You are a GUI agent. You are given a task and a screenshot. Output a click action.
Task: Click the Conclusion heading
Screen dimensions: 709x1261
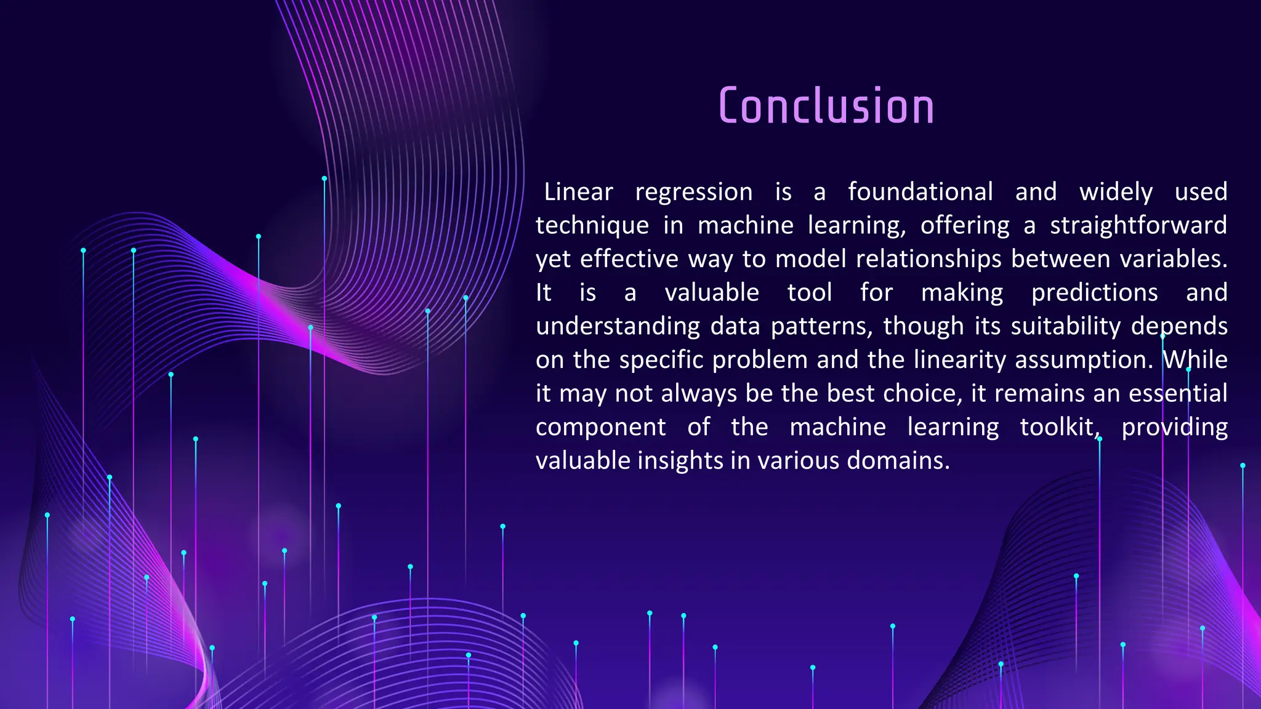(x=826, y=106)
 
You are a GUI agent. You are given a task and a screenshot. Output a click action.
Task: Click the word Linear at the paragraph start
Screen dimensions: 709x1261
(x=578, y=192)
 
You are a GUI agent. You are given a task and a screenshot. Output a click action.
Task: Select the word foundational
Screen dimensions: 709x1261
(x=920, y=192)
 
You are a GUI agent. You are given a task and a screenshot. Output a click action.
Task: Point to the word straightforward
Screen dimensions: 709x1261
(x=1138, y=226)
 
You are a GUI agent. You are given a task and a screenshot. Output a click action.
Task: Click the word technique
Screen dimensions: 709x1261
(x=592, y=226)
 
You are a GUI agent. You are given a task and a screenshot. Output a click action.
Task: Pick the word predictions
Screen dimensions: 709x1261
(x=1094, y=293)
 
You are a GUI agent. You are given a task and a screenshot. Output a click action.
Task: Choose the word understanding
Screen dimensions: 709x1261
(x=618, y=326)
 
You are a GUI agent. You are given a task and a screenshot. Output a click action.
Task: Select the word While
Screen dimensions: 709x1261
(x=1195, y=360)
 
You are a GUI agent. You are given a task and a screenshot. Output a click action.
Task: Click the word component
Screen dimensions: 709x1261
(x=600, y=427)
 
